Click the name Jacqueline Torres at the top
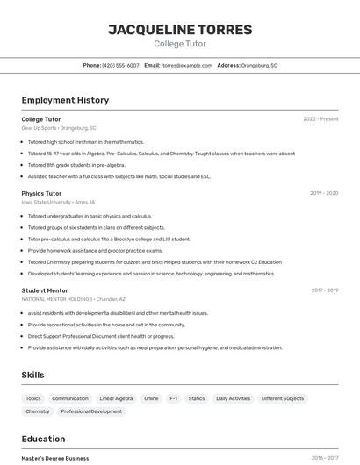[x=180, y=29]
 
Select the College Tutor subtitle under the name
[x=180, y=44]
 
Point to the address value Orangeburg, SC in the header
[x=259, y=65]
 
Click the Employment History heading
[x=65, y=100]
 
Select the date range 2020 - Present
[x=320, y=119]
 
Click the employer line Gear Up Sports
[x=59, y=128]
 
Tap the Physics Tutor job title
[x=41, y=193]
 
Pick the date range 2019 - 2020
[x=324, y=193]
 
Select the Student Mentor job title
[x=45, y=290]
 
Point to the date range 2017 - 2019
[x=324, y=290]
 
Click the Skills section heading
[x=32, y=375]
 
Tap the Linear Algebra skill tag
[x=116, y=398]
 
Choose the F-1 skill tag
[x=174, y=398]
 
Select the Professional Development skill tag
[x=91, y=411]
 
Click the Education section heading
[x=43, y=439]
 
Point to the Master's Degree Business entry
[x=54, y=458]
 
